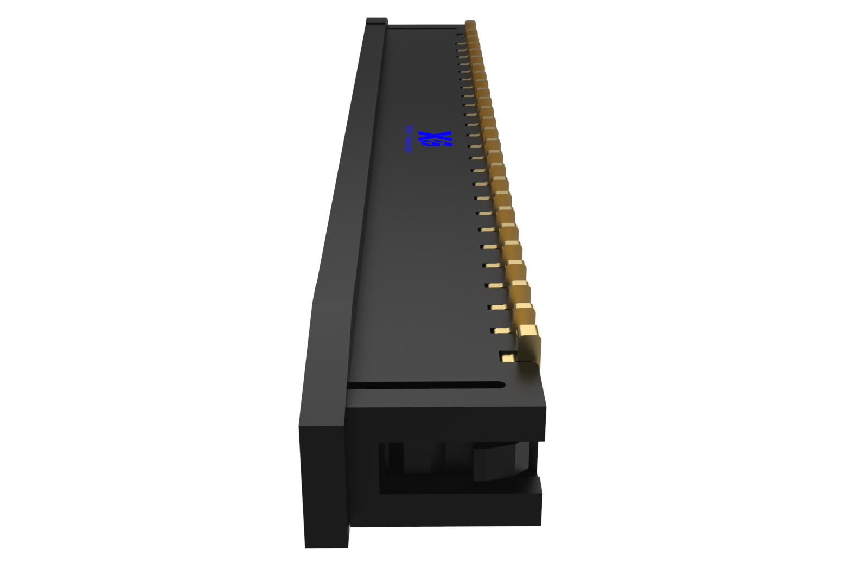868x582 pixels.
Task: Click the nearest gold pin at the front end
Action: (528, 344)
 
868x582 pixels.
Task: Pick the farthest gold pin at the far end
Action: (470, 24)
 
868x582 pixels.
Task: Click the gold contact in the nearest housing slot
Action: (508, 358)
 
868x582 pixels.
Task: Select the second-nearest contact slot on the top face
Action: (500, 330)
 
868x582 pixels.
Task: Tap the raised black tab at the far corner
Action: (376, 22)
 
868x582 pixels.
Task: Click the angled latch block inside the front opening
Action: (499, 461)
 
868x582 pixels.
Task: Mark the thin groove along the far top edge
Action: (423, 27)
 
